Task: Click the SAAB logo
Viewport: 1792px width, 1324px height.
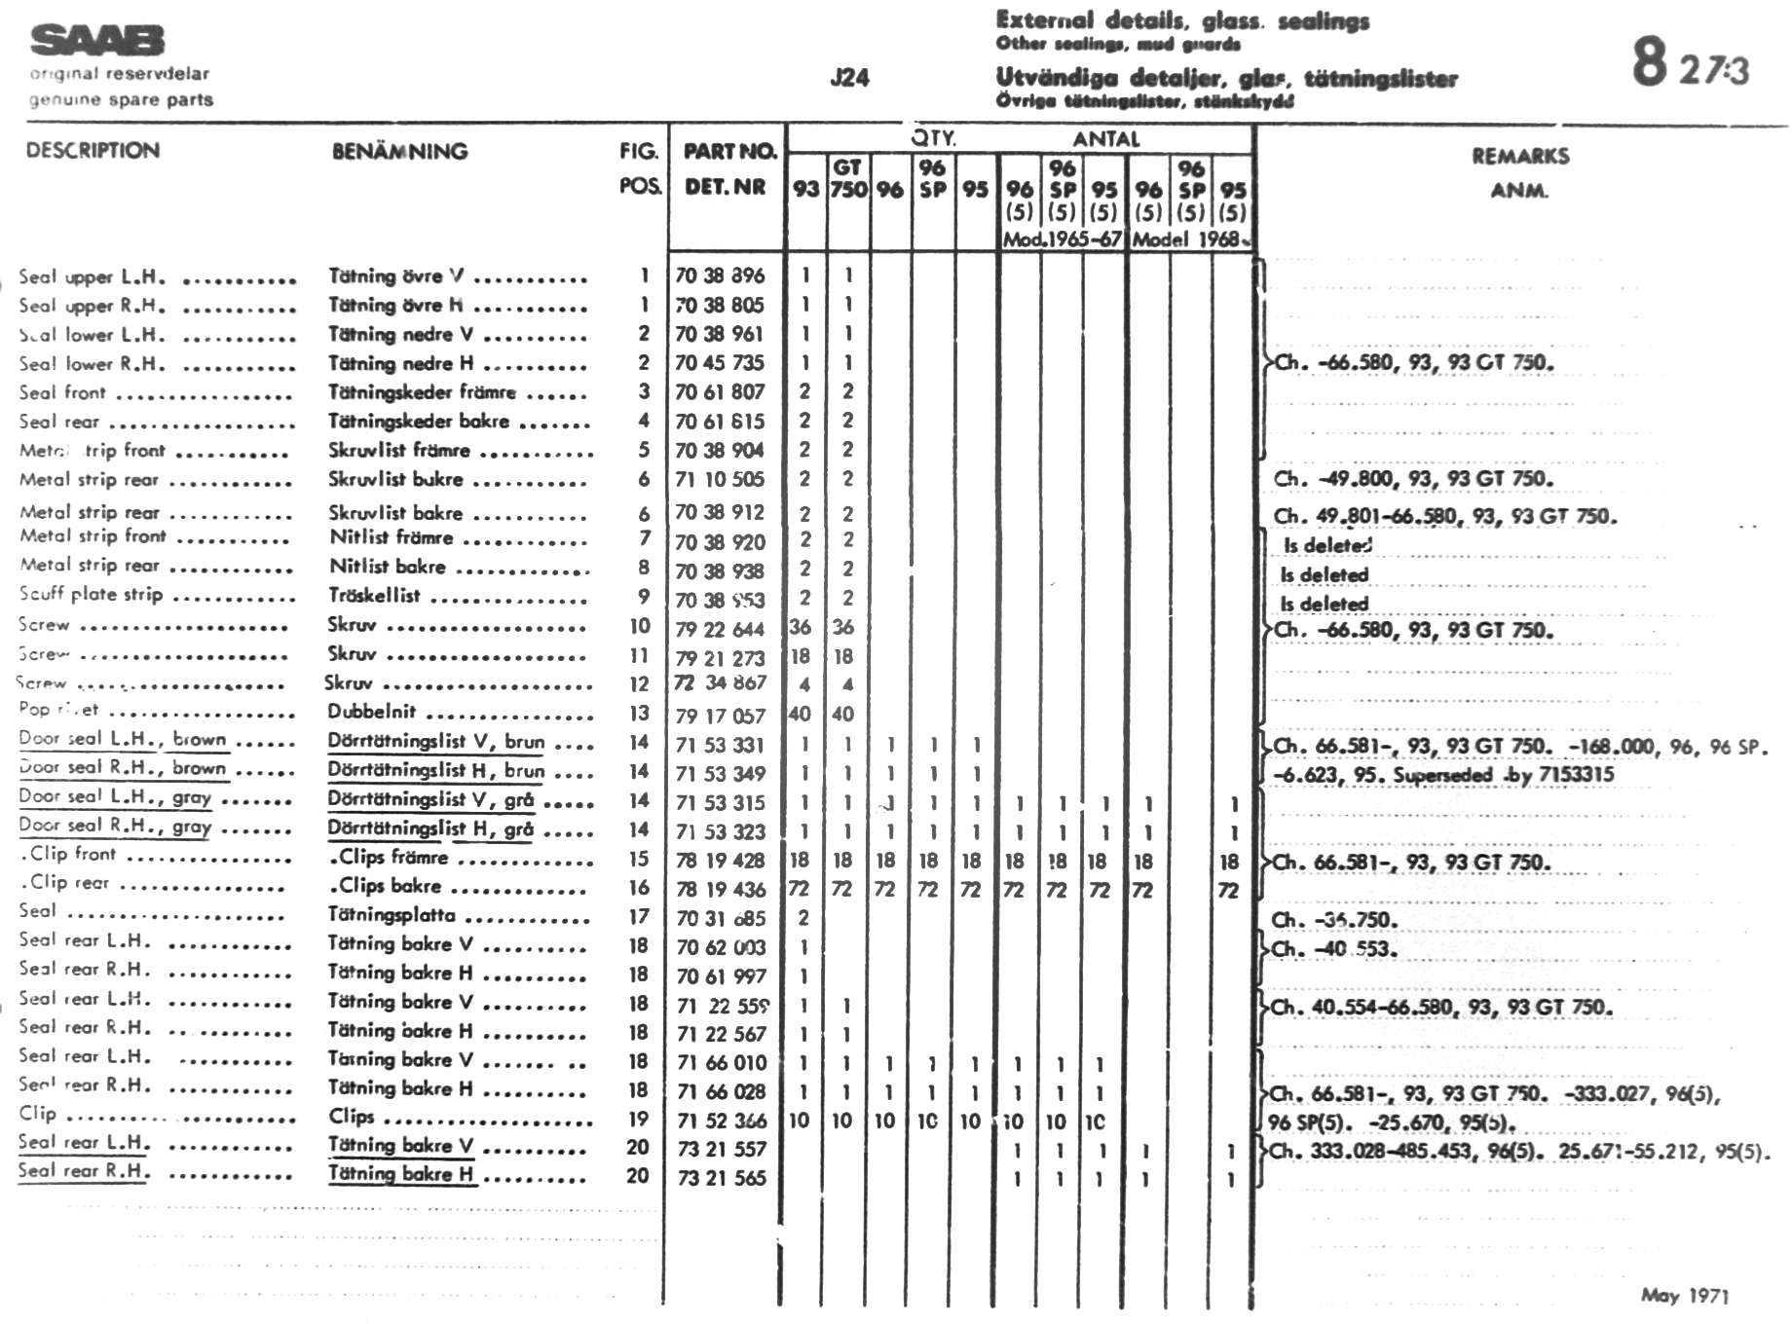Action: (x=97, y=41)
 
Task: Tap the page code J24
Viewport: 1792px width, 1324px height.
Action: (x=849, y=78)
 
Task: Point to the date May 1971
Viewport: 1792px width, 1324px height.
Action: (x=1684, y=1295)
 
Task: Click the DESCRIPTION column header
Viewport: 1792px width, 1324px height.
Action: (x=93, y=151)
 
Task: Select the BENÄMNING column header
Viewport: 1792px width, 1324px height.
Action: (x=399, y=151)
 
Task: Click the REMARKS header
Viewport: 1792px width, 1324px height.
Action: (x=1519, y=156)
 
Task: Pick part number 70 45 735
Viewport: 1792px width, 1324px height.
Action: (x=720, y=363)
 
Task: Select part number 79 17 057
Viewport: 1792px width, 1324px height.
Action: (x=720, y=716)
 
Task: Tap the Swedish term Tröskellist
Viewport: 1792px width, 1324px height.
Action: (x=374, y=596)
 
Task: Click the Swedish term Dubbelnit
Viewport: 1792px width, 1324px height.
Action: (x=371, y=712)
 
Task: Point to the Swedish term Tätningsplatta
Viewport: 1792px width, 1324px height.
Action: (x=391, y=915)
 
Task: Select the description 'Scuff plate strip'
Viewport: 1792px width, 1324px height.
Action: (x=91, y=594)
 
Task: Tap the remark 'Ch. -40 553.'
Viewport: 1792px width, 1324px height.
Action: (x=1334, y=949)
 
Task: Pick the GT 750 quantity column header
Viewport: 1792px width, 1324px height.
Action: (x=847, y=178)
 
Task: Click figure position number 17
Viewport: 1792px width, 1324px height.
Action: (x=638, y=917)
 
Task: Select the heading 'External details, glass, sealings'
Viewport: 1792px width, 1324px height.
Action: (x=1182, y=20)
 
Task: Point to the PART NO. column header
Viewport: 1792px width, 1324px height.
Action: (x=729, y=151)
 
